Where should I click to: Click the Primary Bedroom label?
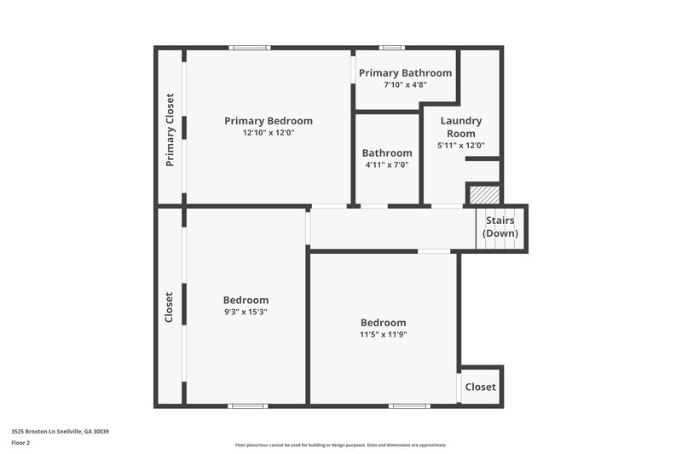(x=268, y=121)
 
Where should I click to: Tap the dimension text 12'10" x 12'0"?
(x=268, y=133)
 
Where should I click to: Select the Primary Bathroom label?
(x=405, y=73)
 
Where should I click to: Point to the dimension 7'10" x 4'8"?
(x=405, y=84)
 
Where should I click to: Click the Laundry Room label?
(x=460, y=127)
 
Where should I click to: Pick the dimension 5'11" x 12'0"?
(x=460, y=146)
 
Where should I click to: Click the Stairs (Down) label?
(x=500, y=227)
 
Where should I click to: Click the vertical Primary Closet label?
(x=170, y=129)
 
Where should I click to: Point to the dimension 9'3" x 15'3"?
(x=246, y=312)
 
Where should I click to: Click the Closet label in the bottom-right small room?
(x=480, y=387)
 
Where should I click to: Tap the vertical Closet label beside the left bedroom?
(x=169, y=307)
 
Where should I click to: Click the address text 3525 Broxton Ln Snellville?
(x=60, y=431)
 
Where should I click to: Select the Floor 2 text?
(x=20, y=443)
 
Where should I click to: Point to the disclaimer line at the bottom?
(x=340, y=445)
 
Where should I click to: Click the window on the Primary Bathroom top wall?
(x=392, y=48)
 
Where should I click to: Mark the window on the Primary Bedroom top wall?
(x=249, y=48)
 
